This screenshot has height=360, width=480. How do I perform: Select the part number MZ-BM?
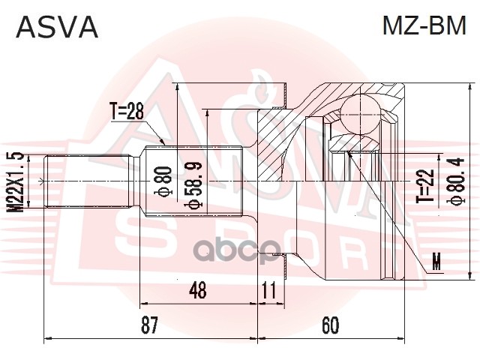(424, 27)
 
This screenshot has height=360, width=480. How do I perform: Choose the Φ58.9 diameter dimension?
(192, 184)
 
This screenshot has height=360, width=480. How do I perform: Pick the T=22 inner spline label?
(425, 187)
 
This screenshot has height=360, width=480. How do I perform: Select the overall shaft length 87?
(149, 325)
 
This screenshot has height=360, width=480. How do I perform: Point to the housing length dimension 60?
(330, 325)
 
